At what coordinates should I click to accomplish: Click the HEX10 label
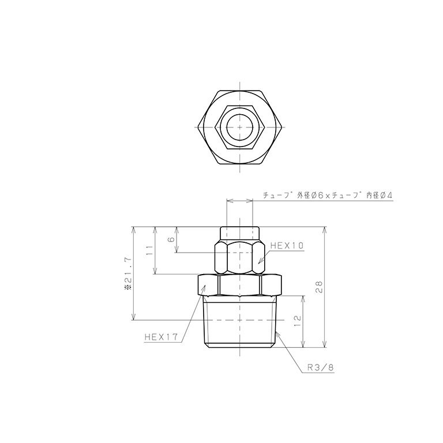coord(286,245)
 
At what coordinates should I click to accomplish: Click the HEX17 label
coord(162,339)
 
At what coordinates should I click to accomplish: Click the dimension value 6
coord(171,239)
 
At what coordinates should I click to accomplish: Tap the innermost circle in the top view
coord(239,127)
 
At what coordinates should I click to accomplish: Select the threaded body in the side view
coord(241,323)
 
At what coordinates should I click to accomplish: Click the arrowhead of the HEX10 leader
coord(260,262)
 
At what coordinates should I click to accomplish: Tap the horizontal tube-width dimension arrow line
coord(240,201)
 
